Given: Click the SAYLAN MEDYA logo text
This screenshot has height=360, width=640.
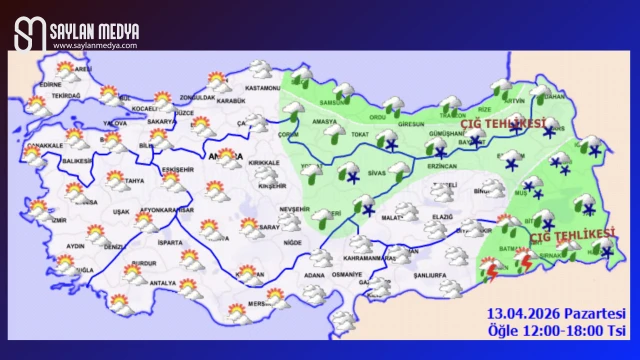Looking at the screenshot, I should (95, 31).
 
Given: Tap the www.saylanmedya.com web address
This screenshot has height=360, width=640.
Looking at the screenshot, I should (95, 45).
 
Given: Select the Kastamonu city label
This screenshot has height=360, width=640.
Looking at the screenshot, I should (263, 89).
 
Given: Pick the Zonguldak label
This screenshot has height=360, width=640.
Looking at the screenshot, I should (197, 97).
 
